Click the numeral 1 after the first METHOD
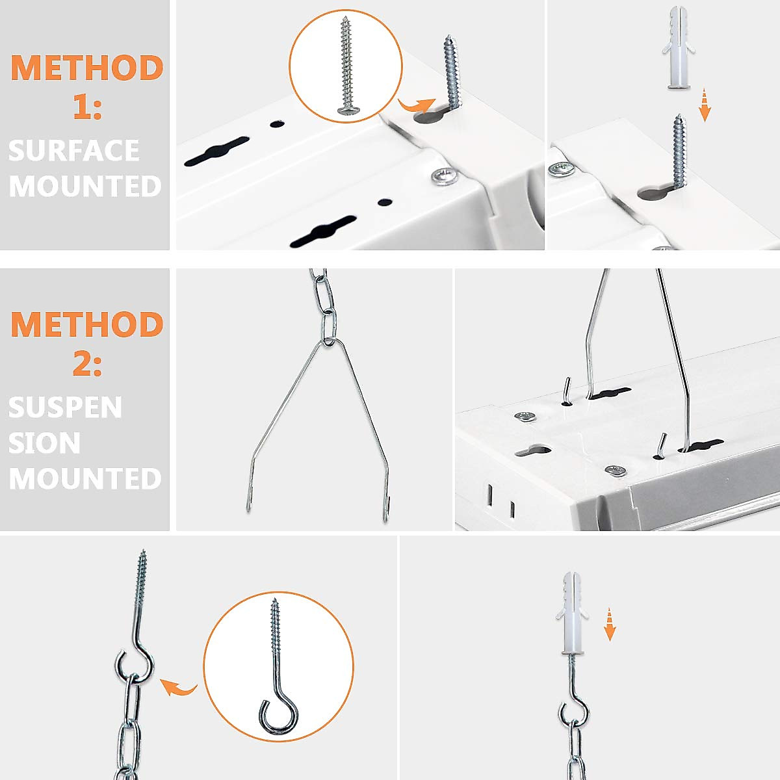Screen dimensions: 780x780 coord(87,105)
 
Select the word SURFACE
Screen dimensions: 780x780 coord(74,151)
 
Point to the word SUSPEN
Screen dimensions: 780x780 coord(65,408)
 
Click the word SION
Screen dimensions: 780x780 coord(44,443)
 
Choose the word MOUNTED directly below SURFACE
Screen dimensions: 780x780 coord(85,186)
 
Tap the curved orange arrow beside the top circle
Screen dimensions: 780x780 coord(416,104)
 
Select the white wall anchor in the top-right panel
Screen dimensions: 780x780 coord(677,48)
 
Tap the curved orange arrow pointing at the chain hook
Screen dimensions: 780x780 coord(178,686)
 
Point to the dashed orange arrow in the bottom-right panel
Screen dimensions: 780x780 coord(610,624)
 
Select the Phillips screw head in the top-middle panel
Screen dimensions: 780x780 coord(445,176)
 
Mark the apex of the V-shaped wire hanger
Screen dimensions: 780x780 coord(330,341)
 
